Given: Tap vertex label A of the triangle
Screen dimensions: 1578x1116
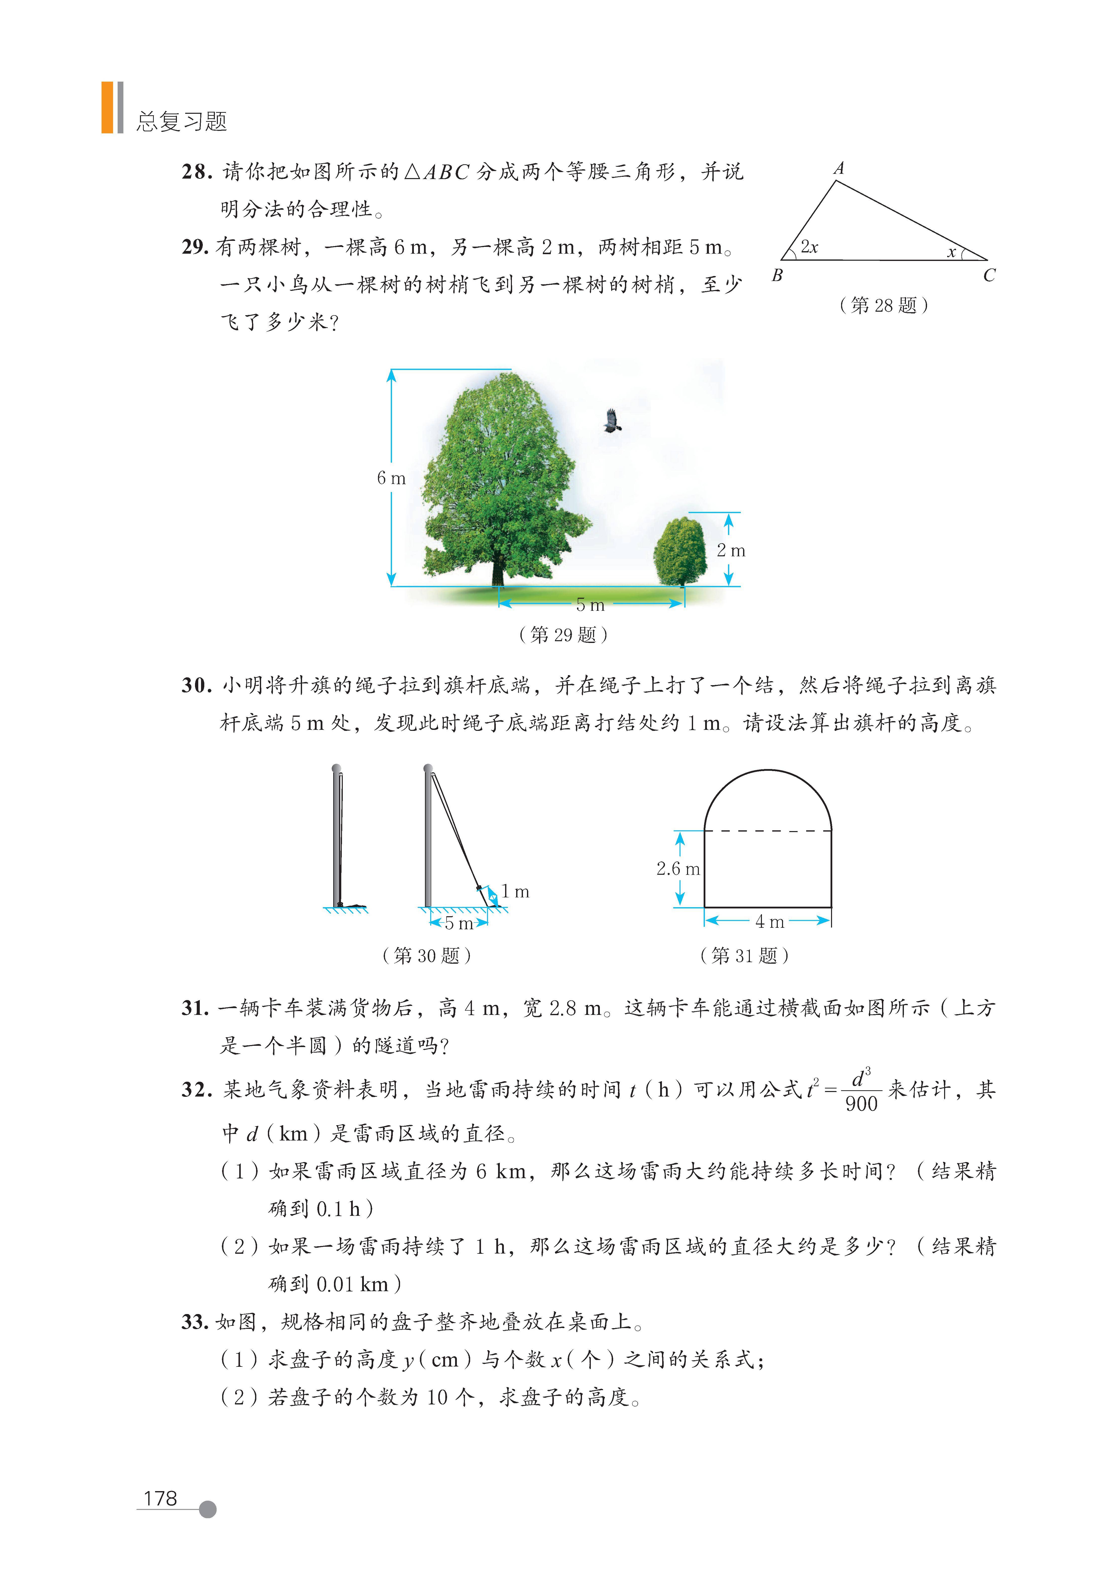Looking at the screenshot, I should tap(839, 168).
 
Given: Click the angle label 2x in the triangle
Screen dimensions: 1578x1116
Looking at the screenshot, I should tap(809, 247).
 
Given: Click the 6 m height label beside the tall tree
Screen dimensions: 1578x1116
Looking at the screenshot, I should tap(391, 478).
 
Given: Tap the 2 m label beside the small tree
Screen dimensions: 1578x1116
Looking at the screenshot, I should tap(731, 551).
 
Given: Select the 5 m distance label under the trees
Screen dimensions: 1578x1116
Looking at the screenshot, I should tap(590, 605).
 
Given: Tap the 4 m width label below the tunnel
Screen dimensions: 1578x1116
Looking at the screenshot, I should tap(769, 922).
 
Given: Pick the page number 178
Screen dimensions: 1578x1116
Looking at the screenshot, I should tap(160, 1499).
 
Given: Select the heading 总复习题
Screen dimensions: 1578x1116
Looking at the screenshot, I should tap(181, 122).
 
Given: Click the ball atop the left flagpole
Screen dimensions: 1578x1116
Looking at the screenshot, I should tap(336, 768).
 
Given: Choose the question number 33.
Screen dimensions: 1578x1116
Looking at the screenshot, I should tap(195, 1322).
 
